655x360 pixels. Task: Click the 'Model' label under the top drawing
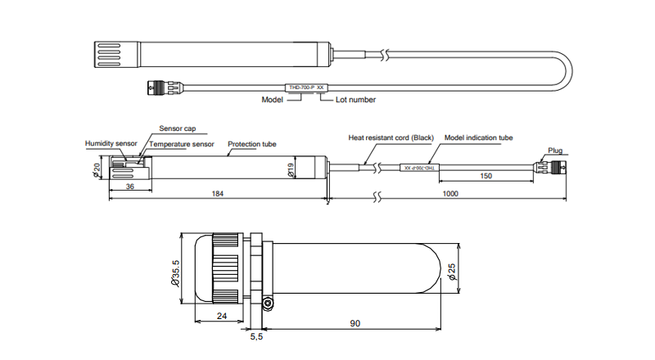point(272,100)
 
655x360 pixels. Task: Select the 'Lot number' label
point(356,100)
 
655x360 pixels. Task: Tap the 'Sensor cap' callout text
point(177,129)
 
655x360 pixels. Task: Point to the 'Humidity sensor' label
point(111,143)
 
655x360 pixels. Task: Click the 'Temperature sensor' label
point(182,144)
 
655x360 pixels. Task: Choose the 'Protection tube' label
point(251,144)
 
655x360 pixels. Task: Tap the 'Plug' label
point(555,151)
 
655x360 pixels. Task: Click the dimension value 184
point(218,194)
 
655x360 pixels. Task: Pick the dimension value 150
point(486,176)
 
